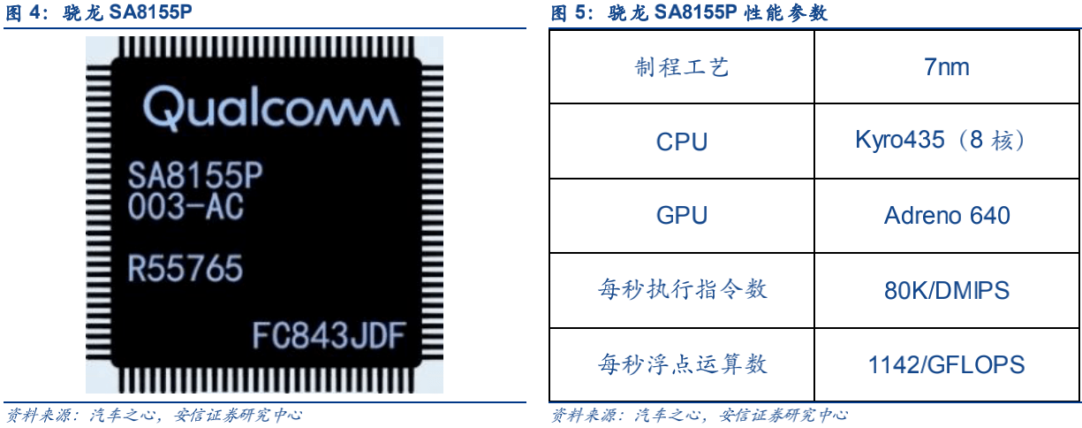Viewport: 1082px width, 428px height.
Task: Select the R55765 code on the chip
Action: [185, 267]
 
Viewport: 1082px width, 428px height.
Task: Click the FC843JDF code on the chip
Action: [329, 336]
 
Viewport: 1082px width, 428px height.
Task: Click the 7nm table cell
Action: [947, 67]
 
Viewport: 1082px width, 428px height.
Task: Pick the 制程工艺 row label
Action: [681, 67]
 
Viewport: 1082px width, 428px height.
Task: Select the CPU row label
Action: [681, 141]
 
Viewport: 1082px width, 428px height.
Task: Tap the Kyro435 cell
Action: [942, 141]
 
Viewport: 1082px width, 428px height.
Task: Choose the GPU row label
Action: [681, 216]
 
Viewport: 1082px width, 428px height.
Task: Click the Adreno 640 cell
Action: [947, 216]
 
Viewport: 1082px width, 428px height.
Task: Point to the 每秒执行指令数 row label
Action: [681, 290]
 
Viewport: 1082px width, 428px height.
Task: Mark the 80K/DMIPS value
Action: [947, 290]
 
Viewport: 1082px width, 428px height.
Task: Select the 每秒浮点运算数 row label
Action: [681, 363]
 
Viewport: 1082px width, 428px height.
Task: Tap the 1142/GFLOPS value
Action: [947, 364]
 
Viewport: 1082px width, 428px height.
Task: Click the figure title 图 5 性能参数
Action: [690, 13]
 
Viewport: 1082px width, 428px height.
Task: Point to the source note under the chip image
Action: [154, 414]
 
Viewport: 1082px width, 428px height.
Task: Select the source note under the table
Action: [699, 414]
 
